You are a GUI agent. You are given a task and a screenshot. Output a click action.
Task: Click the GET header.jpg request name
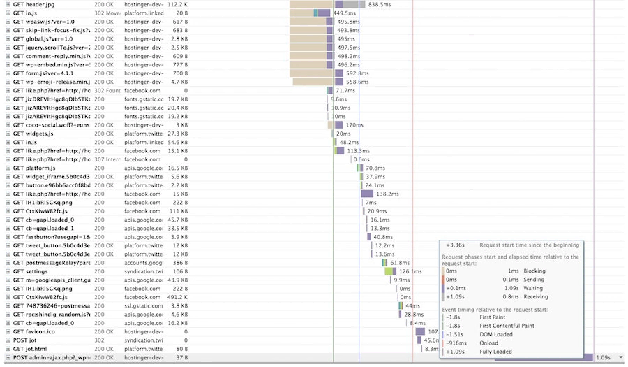pyautogui.click(x=37, y=4)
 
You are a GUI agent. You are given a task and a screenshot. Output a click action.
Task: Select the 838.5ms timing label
pyautogui.click(x=379, y=4)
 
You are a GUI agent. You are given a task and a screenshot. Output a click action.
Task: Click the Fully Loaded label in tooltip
pyautogui.click(x=496, y=352)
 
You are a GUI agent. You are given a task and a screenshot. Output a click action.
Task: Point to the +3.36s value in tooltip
pyautogui.click(x=455, y=245)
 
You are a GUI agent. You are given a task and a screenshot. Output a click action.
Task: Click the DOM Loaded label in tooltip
pyautogui.click(x=497, y=334)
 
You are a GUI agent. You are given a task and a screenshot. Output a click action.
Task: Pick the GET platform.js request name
pyautogui.click(x=34, y=168)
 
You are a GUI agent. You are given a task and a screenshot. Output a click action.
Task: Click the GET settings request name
pyautogui.click(x=31, y=271)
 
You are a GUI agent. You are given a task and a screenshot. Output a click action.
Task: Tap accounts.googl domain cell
pyautogui.click(x=144, y=263)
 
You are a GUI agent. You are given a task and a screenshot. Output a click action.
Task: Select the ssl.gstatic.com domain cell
pyautogui.click(x=144, y=305)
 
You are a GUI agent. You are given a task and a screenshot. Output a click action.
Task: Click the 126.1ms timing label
pyautogui.click(x=410, y=271)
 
